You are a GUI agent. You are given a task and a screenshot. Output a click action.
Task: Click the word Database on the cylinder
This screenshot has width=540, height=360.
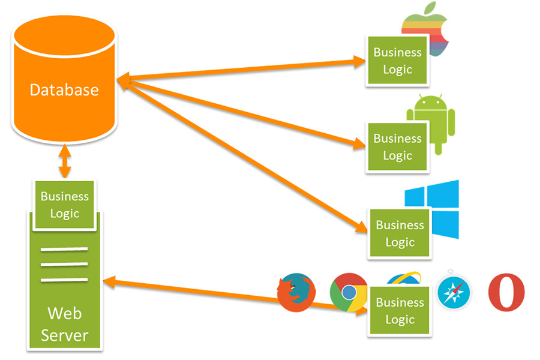pos(64,90)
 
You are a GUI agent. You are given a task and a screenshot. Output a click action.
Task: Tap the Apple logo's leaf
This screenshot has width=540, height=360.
pos(430,8)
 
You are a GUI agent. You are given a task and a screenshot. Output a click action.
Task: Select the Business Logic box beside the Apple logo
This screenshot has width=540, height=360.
pos(397,61)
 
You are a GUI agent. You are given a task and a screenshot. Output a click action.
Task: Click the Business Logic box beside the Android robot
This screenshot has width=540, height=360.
pos(397,147)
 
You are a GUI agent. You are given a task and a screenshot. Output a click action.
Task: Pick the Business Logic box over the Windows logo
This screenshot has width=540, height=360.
pos(400,233)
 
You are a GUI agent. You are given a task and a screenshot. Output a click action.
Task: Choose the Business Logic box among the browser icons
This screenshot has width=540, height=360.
pos(400,311)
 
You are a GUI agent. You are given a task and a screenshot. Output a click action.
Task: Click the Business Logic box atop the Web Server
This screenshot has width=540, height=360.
pos(64,205)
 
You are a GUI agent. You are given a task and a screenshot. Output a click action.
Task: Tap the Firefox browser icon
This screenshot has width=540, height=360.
pos(296,292)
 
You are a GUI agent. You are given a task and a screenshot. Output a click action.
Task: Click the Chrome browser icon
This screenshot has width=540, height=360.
pos(349,292)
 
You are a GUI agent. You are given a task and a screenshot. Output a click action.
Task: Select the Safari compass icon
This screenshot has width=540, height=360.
pos(454,292)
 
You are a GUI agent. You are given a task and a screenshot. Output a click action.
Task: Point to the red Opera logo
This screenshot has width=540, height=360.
pos(506,292)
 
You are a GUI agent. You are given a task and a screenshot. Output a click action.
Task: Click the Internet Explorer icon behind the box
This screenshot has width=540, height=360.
pos(404,278)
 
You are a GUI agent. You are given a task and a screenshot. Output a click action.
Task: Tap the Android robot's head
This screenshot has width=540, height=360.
pos(430,103)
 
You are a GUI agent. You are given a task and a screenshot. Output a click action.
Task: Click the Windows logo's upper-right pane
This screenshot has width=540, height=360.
pos(443,194)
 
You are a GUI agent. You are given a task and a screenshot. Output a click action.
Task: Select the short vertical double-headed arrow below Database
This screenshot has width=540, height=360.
pos(64,161)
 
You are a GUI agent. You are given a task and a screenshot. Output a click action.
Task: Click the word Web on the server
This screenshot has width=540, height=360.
pos(64,313)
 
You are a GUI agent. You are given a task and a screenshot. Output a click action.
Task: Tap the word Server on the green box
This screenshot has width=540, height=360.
pos(64,335)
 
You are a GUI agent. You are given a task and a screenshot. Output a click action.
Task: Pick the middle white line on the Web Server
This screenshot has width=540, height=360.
pos(64,264)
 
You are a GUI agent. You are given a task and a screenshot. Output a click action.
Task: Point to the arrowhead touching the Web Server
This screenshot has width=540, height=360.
pos(110,282)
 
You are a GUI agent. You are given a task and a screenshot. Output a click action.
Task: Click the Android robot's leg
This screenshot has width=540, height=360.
pos(438,149)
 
